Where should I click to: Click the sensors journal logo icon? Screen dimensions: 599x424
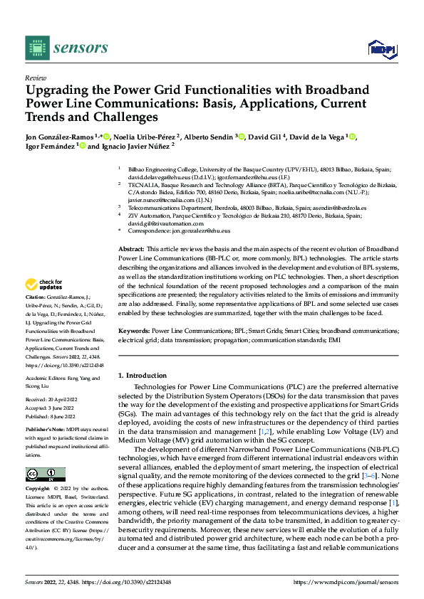click(x=36, y=48)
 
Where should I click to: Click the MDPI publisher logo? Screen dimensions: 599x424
click(x=382, y=48)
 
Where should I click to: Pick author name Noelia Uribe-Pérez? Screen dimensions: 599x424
click(x=146, y=137)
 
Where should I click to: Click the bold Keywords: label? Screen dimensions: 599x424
click(x=133, y=332)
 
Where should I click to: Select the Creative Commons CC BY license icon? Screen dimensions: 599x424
click(x=46, y=473)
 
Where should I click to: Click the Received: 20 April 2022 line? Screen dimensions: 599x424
click(x=55, y=401)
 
